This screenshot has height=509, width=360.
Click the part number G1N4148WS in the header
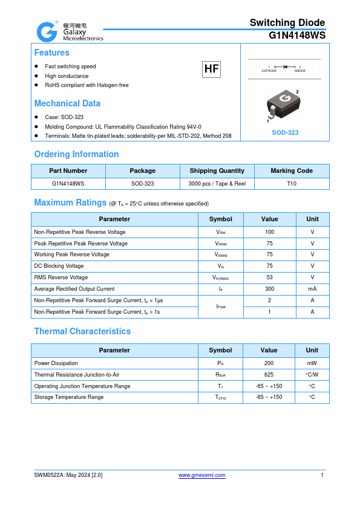297,35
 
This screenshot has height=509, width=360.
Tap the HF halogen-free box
211,70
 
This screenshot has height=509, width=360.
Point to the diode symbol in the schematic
284,66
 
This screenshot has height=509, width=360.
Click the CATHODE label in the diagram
269,71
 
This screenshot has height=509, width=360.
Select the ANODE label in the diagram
299,71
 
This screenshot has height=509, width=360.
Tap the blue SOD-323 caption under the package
284,132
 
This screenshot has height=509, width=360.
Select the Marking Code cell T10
292,183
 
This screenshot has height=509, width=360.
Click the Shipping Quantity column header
217,171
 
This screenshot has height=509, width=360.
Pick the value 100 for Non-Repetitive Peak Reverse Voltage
269,232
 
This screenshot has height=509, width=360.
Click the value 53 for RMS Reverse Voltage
269,277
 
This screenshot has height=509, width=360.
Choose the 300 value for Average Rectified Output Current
269,289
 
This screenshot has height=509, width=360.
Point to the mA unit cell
312,289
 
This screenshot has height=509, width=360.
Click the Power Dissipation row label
56,363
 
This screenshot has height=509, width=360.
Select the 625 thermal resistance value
269,375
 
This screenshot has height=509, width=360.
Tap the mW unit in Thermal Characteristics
312,363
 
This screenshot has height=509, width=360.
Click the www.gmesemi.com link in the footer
202,475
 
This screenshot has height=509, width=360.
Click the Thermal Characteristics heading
82,331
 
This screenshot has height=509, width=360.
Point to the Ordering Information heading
76,154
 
